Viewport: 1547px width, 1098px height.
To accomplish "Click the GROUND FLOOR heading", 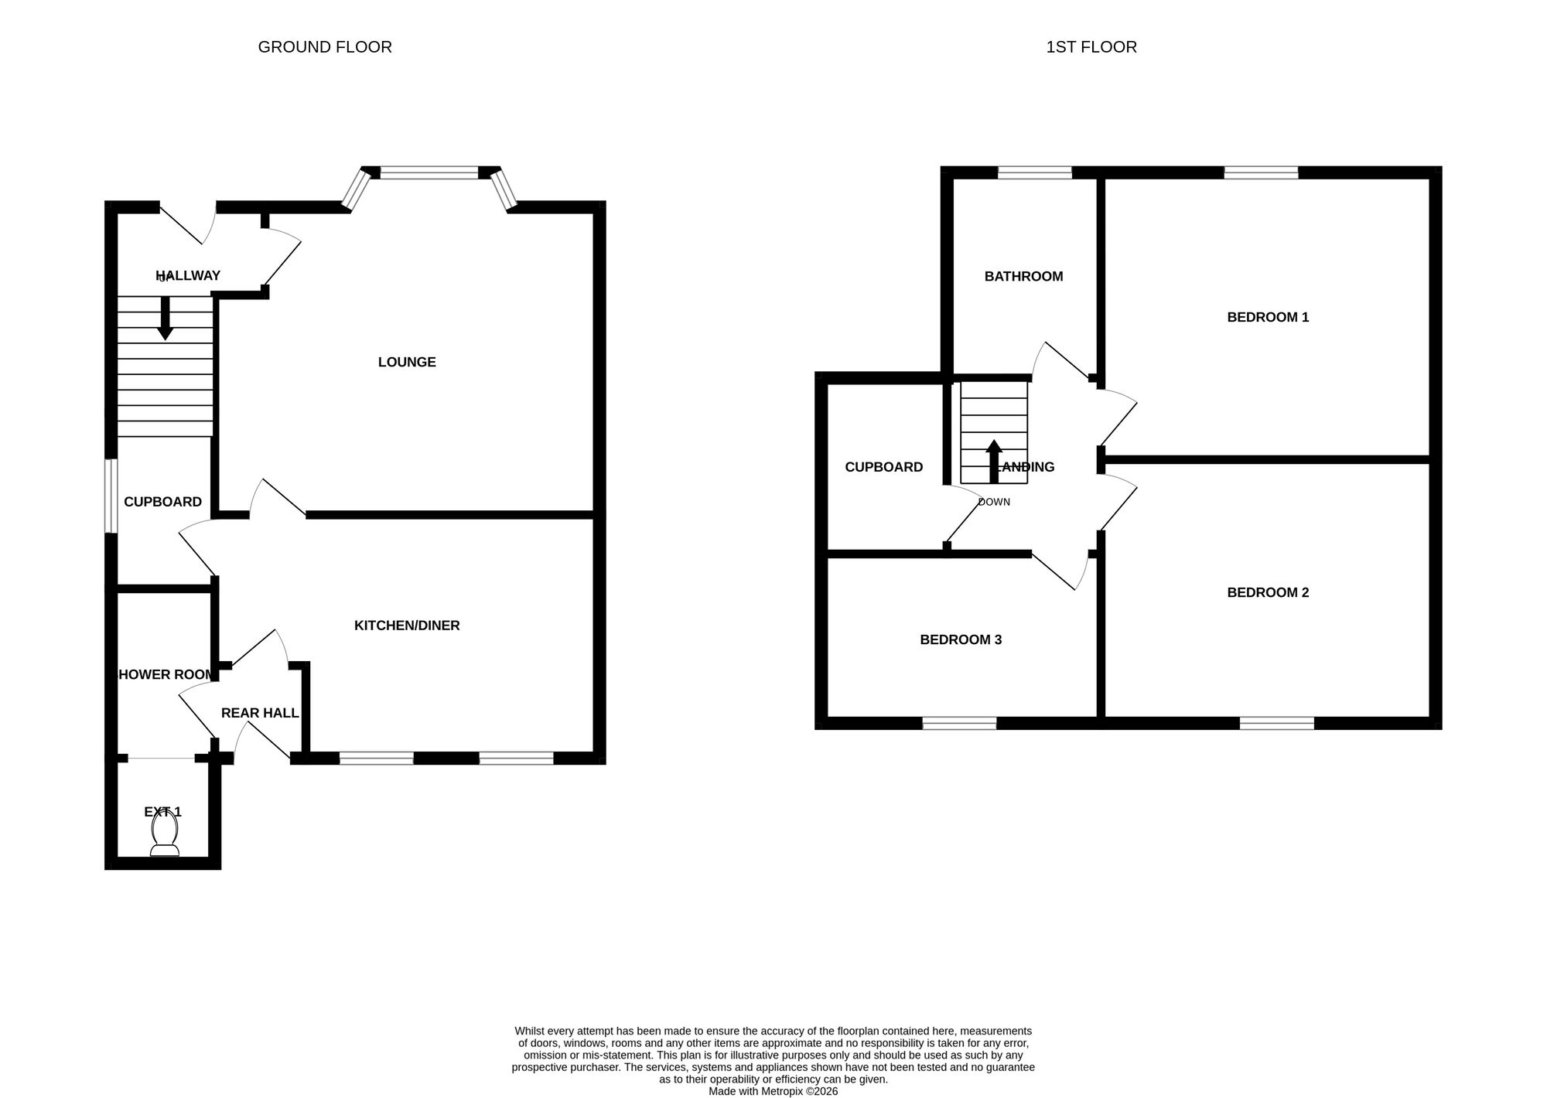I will point(325,47).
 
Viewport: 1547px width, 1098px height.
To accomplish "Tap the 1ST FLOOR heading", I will point(1091,47).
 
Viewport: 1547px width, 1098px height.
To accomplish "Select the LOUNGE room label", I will point(407,362).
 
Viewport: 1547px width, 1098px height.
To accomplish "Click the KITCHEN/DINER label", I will point(407,626).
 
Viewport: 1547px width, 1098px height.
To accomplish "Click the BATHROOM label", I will point(1023,276).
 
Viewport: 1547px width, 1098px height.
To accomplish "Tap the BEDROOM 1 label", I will point(1268,317).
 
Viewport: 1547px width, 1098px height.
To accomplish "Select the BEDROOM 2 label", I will point(1268,592).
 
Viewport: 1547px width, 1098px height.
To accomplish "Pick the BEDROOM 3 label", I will point(961,639).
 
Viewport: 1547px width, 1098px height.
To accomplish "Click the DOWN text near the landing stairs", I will point(994,502).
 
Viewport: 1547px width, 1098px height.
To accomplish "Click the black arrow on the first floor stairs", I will point(994,461).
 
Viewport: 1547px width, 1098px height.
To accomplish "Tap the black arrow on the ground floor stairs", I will point(165,318).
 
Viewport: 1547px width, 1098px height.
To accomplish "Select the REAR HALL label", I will point(260,713).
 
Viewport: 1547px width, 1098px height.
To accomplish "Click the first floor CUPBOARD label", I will point(883,467).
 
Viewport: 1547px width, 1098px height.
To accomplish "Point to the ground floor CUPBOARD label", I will point(162,502).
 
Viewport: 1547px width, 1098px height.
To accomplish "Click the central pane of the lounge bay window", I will point(429,173).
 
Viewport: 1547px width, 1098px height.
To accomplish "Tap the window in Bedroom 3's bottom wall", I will point(959,723).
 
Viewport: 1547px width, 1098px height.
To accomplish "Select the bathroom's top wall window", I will point(1035,172).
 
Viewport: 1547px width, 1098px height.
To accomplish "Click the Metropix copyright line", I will point(773,1091).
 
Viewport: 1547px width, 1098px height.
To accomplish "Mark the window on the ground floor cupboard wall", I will point(111,496).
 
